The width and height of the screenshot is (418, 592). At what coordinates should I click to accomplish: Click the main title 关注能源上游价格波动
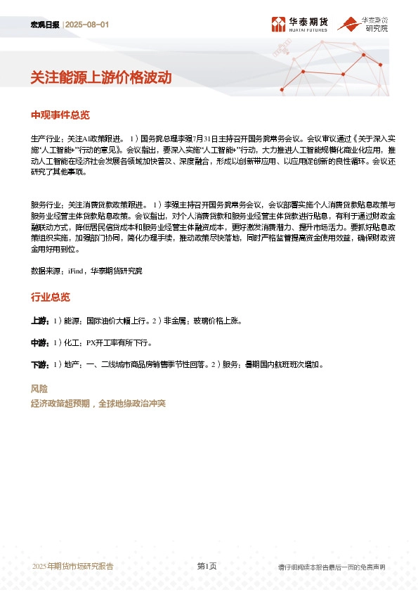coord(101,78)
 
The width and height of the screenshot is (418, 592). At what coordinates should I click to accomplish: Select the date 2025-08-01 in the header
coord(88,25)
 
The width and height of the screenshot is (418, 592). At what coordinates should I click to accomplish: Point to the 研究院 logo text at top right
coord(375,29)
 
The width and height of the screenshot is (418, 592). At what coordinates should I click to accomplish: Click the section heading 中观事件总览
coord(60,115)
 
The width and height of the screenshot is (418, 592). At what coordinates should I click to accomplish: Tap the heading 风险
coord(39,389)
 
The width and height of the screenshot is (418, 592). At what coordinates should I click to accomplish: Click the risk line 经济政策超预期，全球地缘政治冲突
coord(98,404)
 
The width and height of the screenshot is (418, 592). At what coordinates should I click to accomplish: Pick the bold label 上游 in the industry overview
coord(39,321)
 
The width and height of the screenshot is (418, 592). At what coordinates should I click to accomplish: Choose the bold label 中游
coord(39,343)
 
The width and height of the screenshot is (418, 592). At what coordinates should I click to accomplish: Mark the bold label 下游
coord(39,365)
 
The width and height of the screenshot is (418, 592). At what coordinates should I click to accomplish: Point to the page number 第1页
coord(207,566)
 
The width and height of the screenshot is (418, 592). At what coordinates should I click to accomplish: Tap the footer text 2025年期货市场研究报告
coord(72,566)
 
